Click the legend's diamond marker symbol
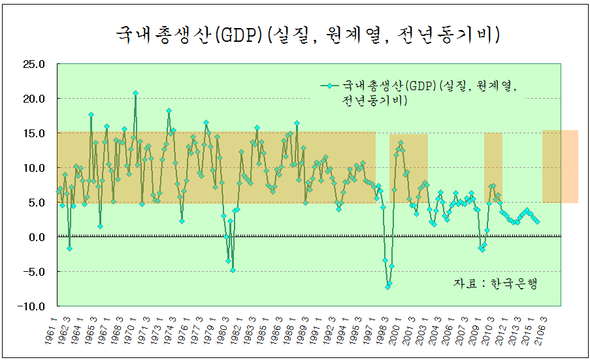[329, 86]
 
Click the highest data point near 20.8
[135, 93]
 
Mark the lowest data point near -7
[387, 287]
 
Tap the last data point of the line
[537, 221]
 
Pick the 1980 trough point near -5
[233, 270]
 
